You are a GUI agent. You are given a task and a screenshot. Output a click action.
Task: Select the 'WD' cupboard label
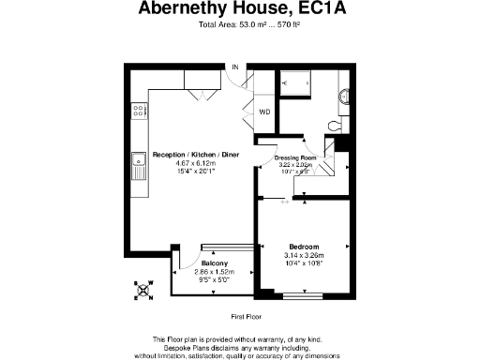pyautogui.click(x=264, y=112)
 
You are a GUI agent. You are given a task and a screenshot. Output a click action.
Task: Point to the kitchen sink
pyautogui.click(x=139, y=166)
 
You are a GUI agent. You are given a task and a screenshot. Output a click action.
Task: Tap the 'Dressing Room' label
pyautogui.click(x=301, y=157)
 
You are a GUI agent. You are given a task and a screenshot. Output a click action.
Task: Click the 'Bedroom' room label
pyautogui.click(x=304, y=246)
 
